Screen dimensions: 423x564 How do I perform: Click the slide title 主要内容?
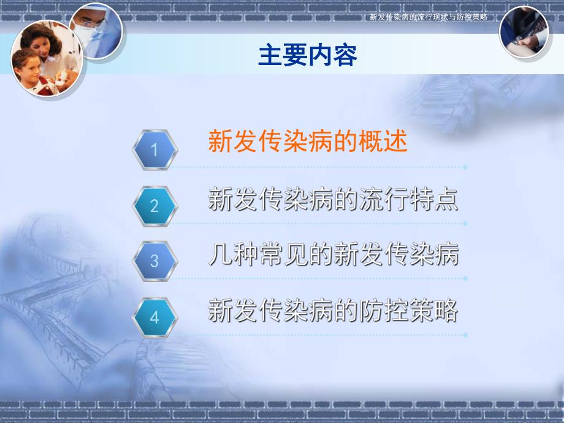[x=308, y=56]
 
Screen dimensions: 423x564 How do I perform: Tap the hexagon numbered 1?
[x=154, y=150]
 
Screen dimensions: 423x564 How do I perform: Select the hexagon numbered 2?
[x=154, y=205]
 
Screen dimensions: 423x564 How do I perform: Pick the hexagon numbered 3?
[x=154, y=261]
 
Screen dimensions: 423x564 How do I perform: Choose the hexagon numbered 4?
[x=154, y=318]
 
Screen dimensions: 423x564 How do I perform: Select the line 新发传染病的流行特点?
[x=333, y=200]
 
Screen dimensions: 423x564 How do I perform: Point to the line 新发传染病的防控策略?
[x=333, y=311]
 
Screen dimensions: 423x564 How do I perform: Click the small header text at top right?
[x=429, y=17]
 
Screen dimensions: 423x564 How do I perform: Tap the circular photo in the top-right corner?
[x=524, y=31]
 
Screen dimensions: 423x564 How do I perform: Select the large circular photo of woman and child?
[x=47, y=58]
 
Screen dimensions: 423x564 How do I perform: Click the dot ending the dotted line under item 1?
[x=466, y=167]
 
